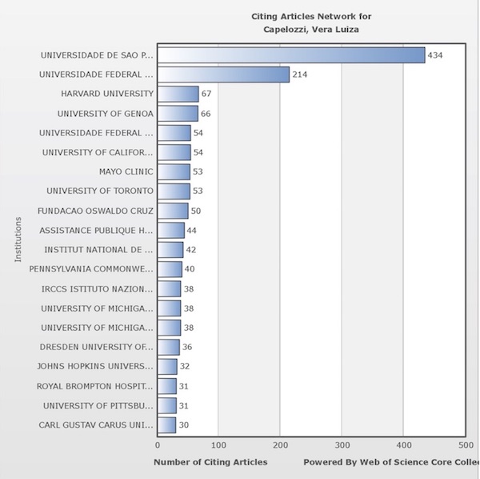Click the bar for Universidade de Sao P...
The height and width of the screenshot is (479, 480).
tap(290, 55)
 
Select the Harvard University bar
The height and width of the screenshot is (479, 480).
tap(178, 94)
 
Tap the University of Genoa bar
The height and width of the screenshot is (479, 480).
tap(177, 114)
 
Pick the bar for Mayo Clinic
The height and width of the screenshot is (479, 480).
tap(174, 171)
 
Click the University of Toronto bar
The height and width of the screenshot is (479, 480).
tap(174, 191)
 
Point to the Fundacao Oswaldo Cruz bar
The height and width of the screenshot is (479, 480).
tap(173, 211)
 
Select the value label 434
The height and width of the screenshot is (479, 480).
tap(435, 55)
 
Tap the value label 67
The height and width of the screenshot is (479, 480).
tap(206, 94)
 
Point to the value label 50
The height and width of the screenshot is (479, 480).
tap(195, 211)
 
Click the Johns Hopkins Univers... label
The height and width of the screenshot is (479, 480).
tap(95, 366)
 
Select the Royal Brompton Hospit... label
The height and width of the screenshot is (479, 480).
tap(95, 386)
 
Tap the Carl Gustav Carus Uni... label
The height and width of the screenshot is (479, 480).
tap(96, 425)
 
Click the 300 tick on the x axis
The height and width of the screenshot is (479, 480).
tap(342, 444)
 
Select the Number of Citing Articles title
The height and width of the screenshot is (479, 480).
tap(210, 462)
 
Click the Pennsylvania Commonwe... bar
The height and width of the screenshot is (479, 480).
tap(170, 269)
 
